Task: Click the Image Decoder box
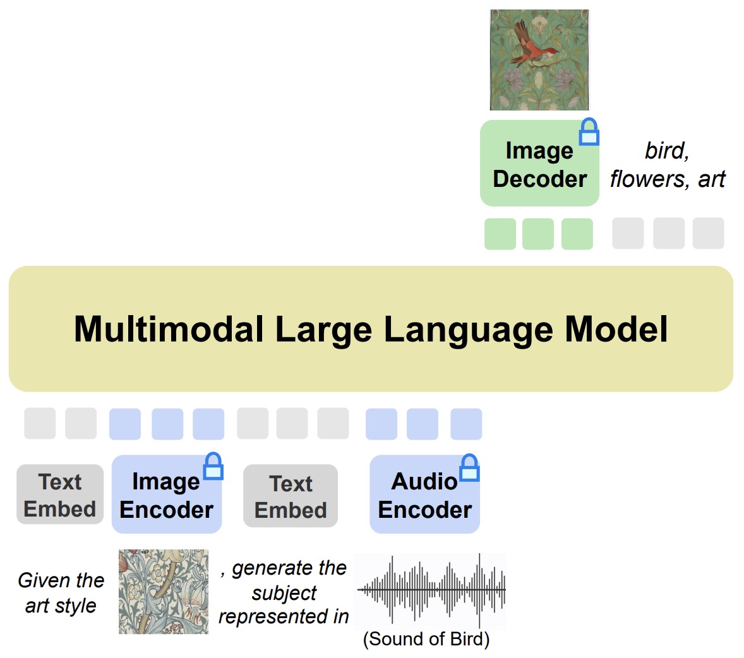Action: pyautogui.click(x=539, y=164)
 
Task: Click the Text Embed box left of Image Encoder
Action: pyautogui.click(x=60, y=495)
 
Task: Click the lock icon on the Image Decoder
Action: pyautogui.click(x=589, y=132)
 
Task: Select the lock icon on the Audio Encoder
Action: pyautogui.click(x=469, y=468)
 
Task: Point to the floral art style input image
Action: pyautogui.click(x=164, y=592)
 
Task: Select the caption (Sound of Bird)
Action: pyautogui.click(x=426, y=639)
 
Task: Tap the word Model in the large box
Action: pyautogui.click(x=616, y=329)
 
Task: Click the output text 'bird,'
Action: pyautogui.click(x=666, y=151)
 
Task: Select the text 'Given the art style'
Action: pyautogui.click(x=61, y=592)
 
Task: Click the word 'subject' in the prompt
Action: pyautogui.click(x=284, y=592)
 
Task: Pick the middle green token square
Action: pyautogui.click(x=538, y=234)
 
